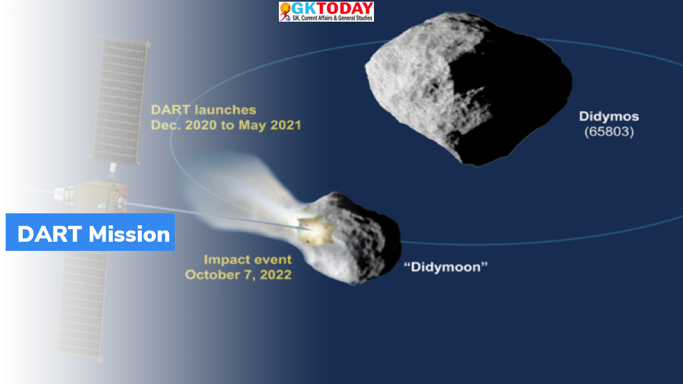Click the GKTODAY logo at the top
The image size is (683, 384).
coord(326,11)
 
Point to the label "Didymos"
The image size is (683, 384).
coord(609,117)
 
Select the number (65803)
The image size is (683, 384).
coord(609,131)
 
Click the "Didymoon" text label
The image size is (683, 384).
coord(446,267)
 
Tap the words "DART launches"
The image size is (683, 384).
coord(203,110)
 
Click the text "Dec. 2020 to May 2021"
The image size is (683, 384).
coord(226,125)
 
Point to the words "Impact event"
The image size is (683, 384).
coord(248,259)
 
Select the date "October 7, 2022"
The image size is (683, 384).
coord(238,275)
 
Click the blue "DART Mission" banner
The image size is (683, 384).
coord(90,232)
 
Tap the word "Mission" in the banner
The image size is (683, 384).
coord(129,234)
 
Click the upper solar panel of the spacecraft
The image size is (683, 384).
coord(120,100)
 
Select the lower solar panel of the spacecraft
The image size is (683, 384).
coord(81,305)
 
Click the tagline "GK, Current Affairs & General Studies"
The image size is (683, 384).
coord(332,18)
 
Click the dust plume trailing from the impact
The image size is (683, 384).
coord(241,195)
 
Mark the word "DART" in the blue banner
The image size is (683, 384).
coord(50,234)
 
